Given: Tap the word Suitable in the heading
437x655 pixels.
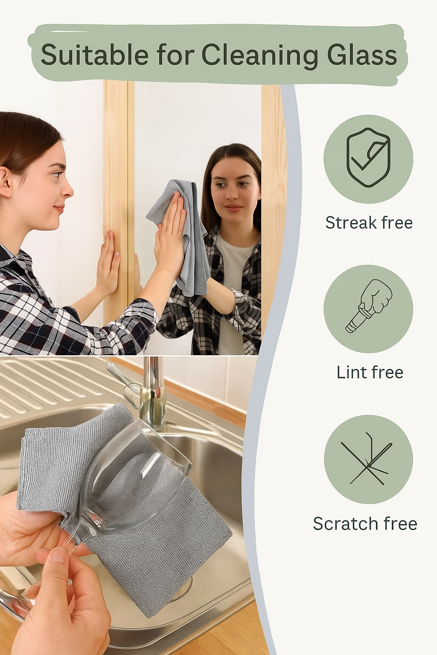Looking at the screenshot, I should tap(94, 55).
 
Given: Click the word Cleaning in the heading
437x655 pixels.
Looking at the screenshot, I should tap(259, 55).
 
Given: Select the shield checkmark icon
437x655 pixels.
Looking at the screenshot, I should tap(368, 158).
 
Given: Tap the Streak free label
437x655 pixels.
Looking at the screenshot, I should tap(369, 223).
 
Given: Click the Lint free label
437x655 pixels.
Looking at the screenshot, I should tap(370, 372).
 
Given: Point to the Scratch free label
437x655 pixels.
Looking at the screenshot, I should tap(365, 524).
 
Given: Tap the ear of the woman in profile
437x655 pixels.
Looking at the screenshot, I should tap(5, 181).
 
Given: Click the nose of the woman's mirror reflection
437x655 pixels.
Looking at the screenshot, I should tap(233, 194).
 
